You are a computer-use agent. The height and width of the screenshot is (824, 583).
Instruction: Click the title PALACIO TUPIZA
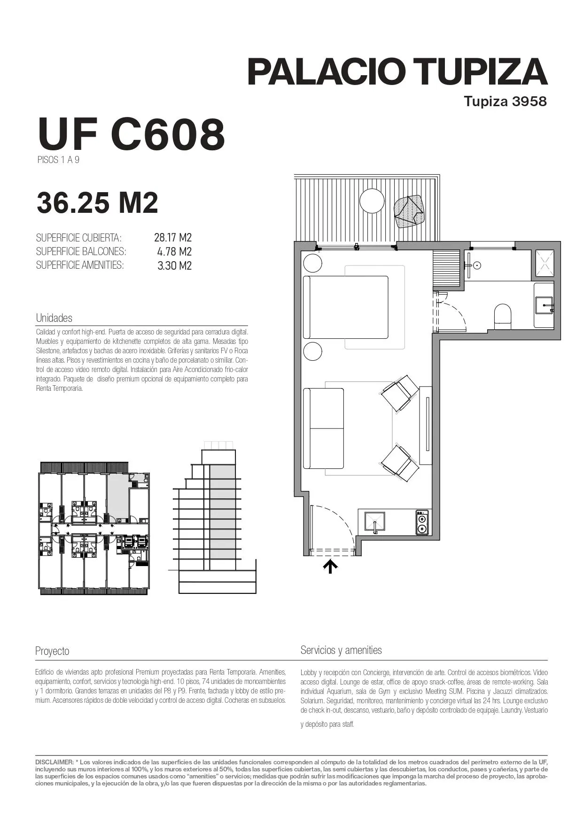point(397,72)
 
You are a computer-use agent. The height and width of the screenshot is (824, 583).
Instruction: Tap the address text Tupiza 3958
point(505,101)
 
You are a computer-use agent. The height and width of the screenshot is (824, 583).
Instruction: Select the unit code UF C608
point(131,134)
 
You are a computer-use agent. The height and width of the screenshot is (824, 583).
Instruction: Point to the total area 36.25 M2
point(97,202)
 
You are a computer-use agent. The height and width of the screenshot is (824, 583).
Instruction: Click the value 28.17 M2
point(173,237)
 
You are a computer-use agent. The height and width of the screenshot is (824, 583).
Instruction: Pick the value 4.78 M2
point(174,251)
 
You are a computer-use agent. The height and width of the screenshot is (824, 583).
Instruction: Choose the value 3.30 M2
point(174,265)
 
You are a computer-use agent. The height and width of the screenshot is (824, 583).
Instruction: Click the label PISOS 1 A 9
point(58,160)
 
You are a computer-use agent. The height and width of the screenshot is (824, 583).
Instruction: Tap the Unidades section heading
point(54,318)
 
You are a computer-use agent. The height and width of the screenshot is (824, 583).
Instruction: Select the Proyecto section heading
point(52,651)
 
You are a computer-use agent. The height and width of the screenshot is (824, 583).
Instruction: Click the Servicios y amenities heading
point(341,650)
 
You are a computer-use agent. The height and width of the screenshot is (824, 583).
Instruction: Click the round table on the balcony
point(372,201)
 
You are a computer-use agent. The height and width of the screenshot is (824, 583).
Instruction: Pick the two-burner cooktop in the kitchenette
point(423,522)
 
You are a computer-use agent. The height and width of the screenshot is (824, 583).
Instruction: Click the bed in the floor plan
point(346,307)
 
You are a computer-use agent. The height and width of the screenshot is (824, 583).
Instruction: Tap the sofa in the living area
point(324,428)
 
